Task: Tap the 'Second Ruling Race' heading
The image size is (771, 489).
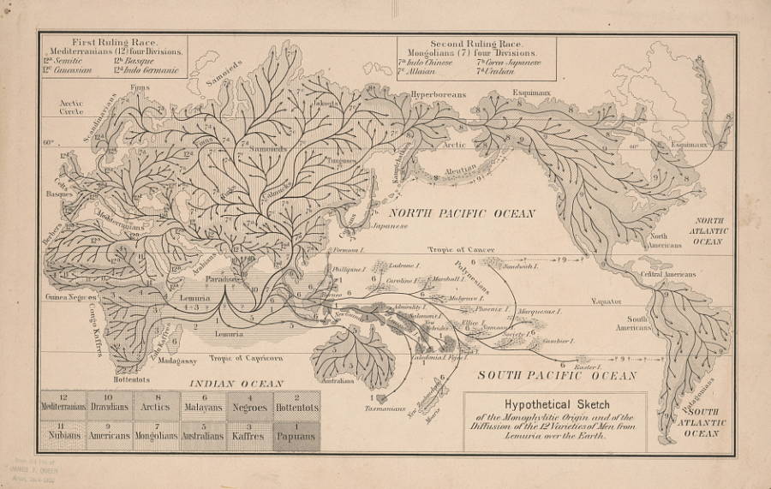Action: (x=476, y=41)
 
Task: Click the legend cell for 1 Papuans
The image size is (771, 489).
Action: (x=296, y=435)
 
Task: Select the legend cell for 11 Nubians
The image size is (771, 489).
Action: (x=63, y=435)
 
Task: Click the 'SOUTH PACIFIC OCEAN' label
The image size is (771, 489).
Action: (x=557, y=375)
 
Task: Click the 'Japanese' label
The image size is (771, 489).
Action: (x=389, y=225)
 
